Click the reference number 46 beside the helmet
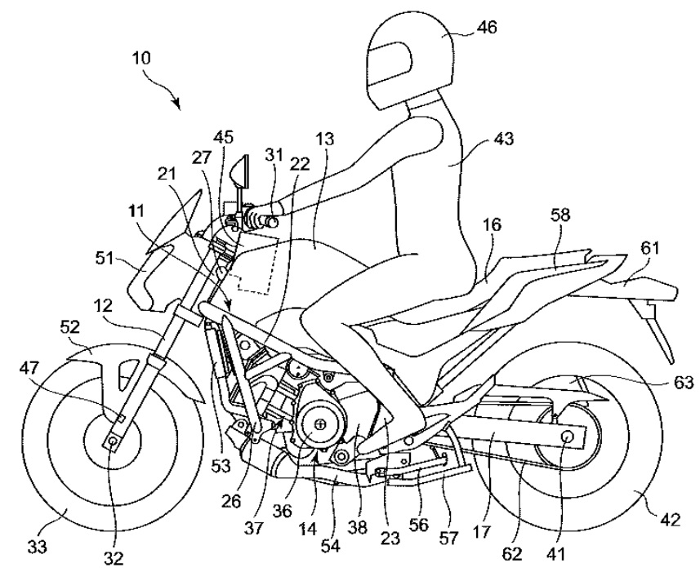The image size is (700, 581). tap(486, 28)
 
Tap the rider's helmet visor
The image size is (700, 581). tap(390, 64)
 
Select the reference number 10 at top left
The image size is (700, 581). tap(141, 58)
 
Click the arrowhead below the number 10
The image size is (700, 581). tap(178, 104)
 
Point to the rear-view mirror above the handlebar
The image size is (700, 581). tap(240, 171)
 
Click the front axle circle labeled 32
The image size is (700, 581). tap(112, 441)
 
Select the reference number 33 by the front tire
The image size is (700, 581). tap(37, 546)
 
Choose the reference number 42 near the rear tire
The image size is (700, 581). tap(669, 520)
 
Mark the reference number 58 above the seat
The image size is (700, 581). tap(560, 215)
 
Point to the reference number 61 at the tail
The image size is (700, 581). tap(649, 248)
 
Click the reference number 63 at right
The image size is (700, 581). tap(684, 382)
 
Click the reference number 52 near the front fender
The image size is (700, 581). tap(69, 328)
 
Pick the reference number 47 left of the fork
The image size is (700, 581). tap(29, 368)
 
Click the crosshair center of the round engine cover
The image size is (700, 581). tap(320, 423)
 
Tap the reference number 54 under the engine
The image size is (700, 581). tap(331, 546)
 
